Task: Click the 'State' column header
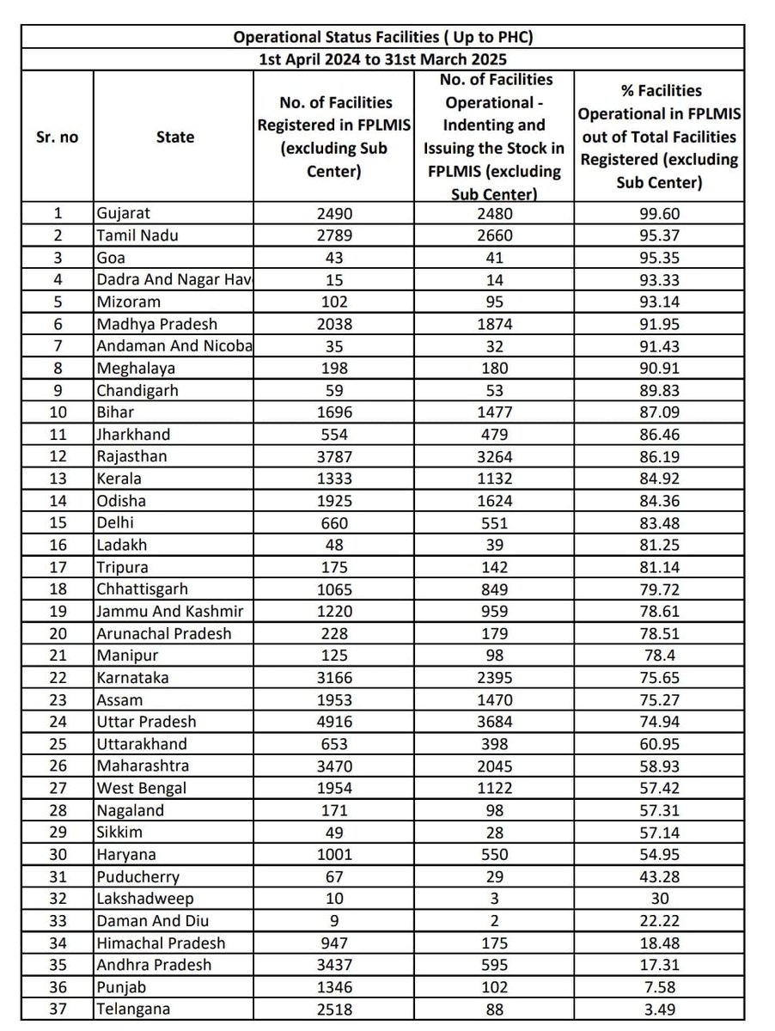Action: click(x=175, y=137)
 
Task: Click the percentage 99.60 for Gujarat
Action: click(x=658, y=214)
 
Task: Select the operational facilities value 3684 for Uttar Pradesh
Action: click(x=493, y=722)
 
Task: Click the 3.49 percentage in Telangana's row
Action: click(x=658, y=1009)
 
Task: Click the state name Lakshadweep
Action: click(x=145, y=898)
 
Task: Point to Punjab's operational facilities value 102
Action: click(x=493, y=986)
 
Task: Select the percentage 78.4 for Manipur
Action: click(x=658, y=656)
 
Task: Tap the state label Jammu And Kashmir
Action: click(x=170, y=611)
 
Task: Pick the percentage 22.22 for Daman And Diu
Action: click(x=658, y=920)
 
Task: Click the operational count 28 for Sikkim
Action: click(x=493, y=832)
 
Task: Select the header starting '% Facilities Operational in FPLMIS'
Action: click(x=658, y=137)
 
